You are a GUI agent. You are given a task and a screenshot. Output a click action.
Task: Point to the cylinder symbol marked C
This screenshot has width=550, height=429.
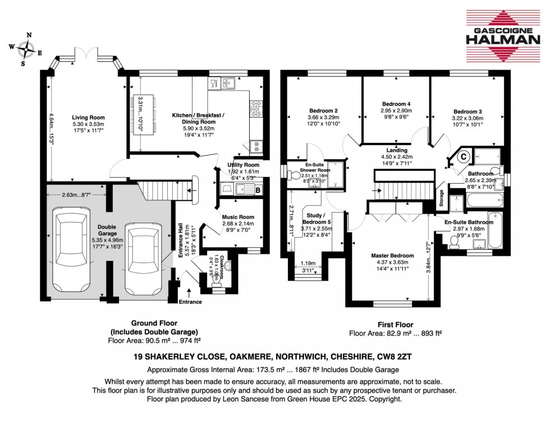[464, 157]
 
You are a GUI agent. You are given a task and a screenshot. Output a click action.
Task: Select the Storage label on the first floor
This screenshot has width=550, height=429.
[441, 201]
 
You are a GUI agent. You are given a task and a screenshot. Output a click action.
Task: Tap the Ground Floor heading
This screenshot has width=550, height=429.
[154, 323]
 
